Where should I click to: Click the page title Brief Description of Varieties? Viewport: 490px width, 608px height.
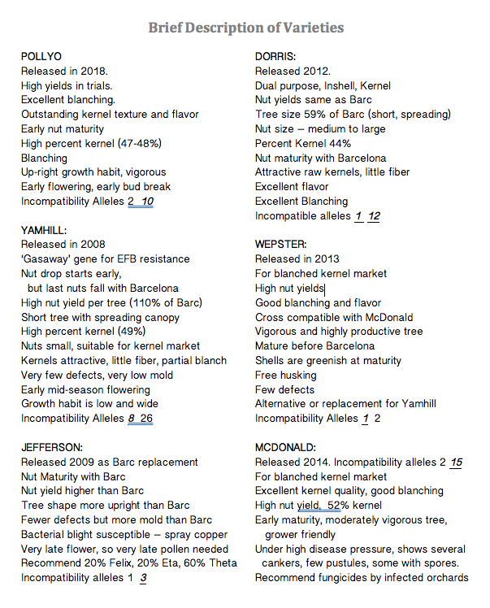(x=245, y=28)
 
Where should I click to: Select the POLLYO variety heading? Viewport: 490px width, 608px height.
(x=41, y=57)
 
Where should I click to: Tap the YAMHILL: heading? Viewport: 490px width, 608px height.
(x=44, y=230)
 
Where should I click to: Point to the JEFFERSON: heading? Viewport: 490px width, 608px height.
(x=50, y=448)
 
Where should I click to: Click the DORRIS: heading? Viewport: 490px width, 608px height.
(x=275, y=57)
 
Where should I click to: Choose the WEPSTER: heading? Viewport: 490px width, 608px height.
(x=281, y=245)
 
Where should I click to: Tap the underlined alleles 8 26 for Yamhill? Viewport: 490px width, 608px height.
(x=141, y=419)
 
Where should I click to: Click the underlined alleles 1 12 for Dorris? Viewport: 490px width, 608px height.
(x=367, y=216)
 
